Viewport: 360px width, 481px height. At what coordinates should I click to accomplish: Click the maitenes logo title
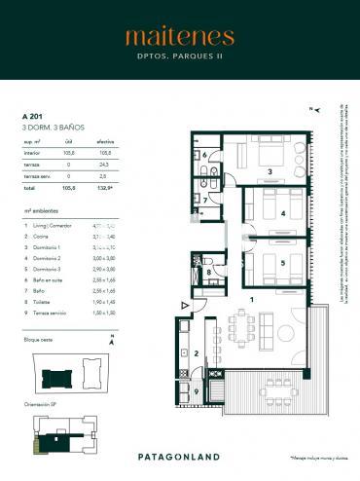tap(179, 37)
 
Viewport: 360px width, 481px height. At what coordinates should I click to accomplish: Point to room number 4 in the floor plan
tap(283, 212)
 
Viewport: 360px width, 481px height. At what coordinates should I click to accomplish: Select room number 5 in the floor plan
tap(283, 262)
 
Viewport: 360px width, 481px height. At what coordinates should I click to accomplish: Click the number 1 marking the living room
tap(251, 301)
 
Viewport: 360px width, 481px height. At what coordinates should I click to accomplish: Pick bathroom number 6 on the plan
tap(204, 155)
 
